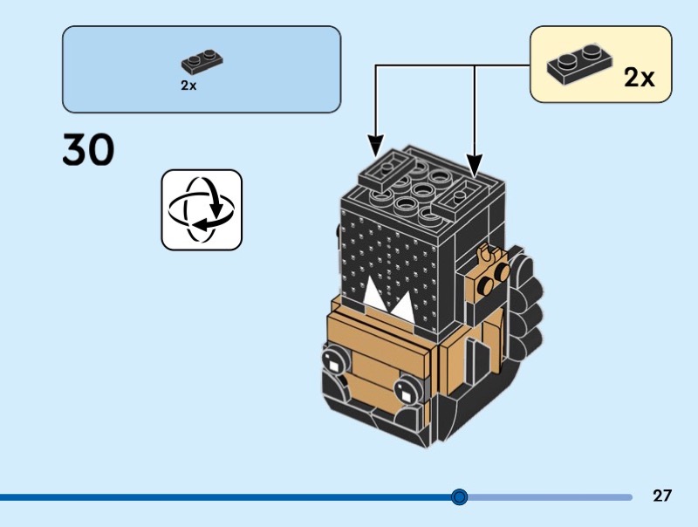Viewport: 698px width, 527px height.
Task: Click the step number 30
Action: (x=88, y=150)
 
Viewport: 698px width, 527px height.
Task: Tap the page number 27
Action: (x=662, y=496)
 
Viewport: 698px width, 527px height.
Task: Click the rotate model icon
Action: (x=202, y=209)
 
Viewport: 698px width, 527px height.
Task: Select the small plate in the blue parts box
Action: (x=202, y=61)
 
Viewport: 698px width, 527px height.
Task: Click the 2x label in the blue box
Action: (x=188, y=86)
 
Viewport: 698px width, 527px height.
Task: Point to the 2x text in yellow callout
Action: (x=639, y=78)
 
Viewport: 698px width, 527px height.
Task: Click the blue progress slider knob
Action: (x=460, y=497)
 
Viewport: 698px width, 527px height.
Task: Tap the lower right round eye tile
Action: (x=407, y=389)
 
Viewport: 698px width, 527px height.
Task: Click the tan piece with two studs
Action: (x=488, y=276)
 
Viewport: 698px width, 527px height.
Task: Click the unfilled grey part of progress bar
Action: (x=550, y=497)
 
